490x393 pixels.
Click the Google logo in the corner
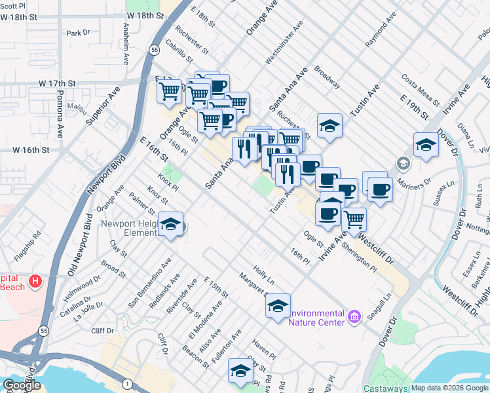click(x=22, y=385)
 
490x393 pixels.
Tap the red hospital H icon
click(x=36, y=282)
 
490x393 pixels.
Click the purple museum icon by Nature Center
click(x=354, y=318)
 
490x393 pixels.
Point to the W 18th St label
click(x=145, y=14)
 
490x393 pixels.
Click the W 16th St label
click(x=31, y=150)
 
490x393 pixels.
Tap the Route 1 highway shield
click(x=127, y=383)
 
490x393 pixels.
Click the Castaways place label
click(x=386, y=388)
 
